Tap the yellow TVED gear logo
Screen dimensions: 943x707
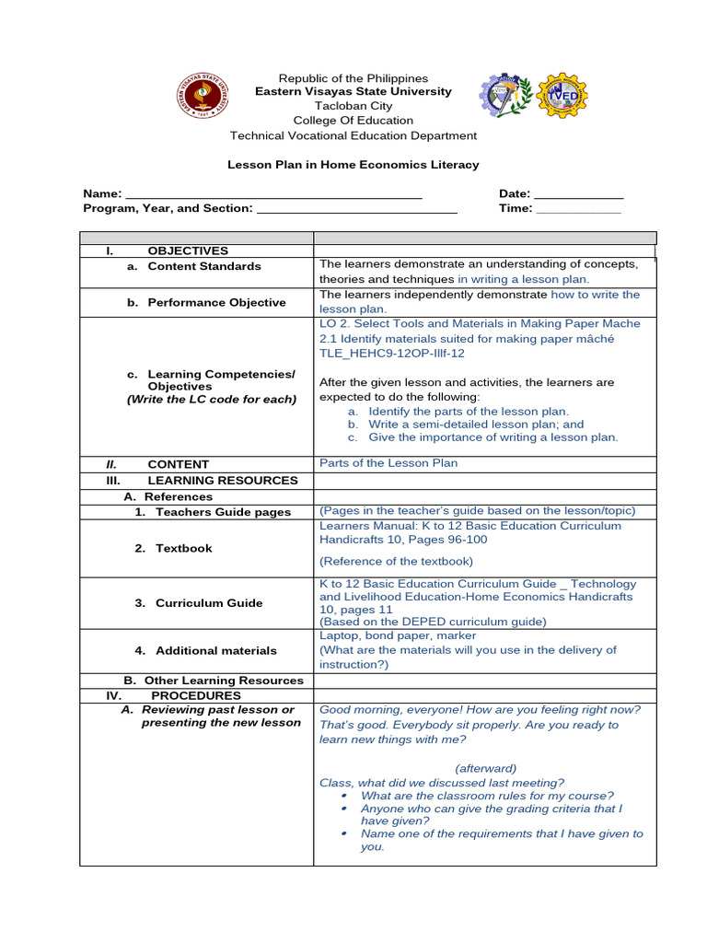562,95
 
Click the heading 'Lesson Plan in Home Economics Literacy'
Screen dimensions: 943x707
353,165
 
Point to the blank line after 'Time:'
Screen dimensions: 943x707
578,210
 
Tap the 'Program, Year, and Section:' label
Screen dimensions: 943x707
168,208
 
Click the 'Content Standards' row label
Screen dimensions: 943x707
203,266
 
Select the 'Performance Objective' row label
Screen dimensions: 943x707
216,302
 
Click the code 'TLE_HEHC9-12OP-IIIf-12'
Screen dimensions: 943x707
391,353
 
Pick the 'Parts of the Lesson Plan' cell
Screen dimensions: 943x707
388,463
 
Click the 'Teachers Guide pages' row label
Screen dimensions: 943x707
223,512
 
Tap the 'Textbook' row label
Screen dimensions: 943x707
183,548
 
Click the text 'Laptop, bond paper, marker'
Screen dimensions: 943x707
398,635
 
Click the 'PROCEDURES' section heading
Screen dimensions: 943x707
196,695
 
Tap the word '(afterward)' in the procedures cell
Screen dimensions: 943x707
485,768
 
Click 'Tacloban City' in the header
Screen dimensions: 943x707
353,106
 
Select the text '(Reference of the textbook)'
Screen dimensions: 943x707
396,561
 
